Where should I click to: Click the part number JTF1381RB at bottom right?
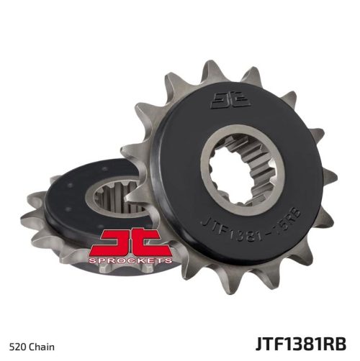[x=301, y=344]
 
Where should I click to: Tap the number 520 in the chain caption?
[x=17, y=347]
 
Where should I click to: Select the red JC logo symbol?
[x=130, y=243]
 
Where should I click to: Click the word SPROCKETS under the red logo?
[x=130, y=260]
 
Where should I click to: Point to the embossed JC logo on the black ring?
[x=230, y=100]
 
